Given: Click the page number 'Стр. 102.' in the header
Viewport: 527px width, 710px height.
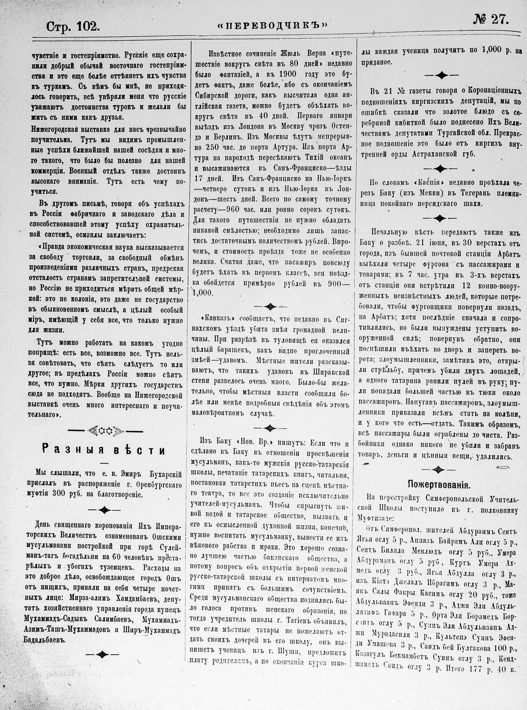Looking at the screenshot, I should [x=73, y=27].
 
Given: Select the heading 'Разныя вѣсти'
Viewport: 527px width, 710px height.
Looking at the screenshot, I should [x=103, y=450].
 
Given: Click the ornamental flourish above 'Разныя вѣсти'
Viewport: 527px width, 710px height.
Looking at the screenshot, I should [x=103, y=431].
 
